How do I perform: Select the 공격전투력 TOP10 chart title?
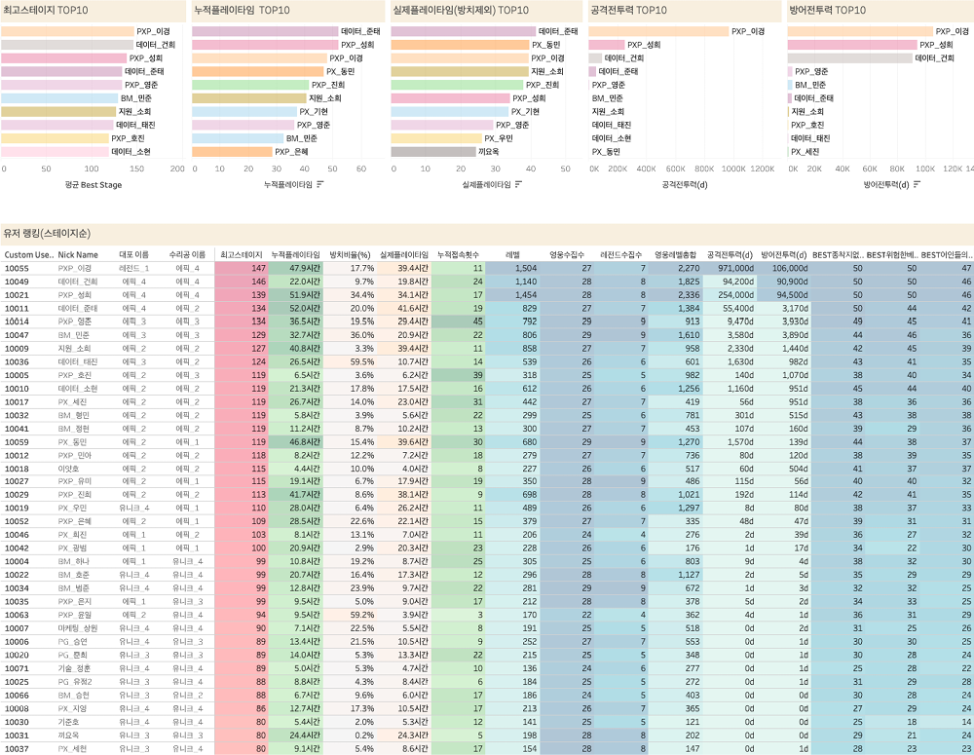[628, 10]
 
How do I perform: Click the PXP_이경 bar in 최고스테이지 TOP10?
[67, 31]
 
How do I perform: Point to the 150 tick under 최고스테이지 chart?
[136, 169]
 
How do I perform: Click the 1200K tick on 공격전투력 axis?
[763, 169]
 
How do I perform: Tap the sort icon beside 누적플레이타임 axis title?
[320, 184]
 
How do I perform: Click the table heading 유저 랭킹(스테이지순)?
[47, 233]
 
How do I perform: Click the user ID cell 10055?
[18, 268]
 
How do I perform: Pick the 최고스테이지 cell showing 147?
[257, 268]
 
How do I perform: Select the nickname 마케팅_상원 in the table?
[78, 628]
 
